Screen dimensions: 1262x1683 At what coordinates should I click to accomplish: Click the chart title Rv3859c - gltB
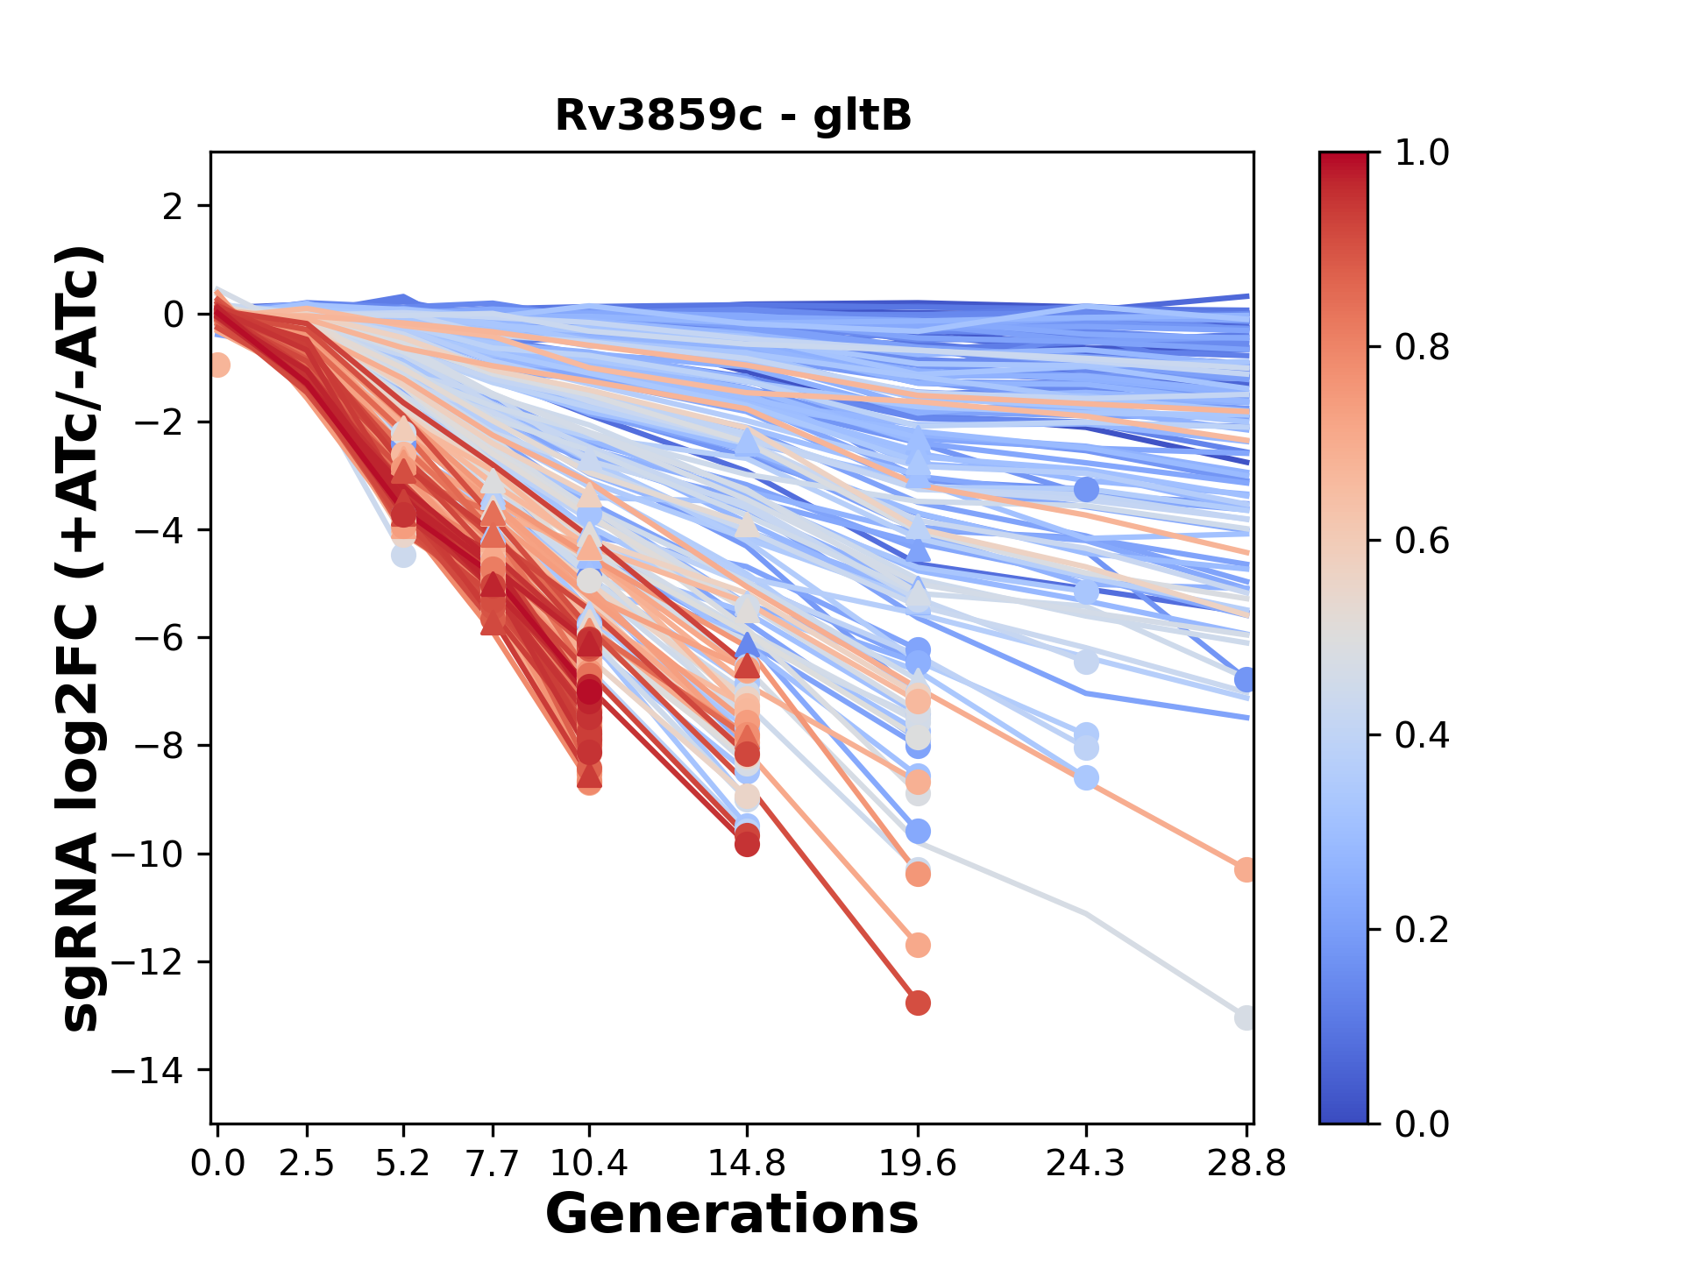[x=733, y=116]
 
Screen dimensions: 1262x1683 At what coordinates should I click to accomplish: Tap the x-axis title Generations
[x=732, y=1215]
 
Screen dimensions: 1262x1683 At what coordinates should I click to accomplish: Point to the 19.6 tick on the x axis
[x=918, y=1164]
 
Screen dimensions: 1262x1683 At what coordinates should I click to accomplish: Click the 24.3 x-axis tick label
[x=1086, y=1164]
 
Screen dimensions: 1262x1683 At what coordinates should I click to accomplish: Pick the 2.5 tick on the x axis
[x=307, y=1164]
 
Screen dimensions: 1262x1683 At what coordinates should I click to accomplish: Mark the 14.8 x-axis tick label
[x=747, y=1164]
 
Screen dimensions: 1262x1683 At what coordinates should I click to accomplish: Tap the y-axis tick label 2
[x=174, y=206]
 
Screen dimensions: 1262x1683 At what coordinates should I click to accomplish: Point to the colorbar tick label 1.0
[x=1422, y=153]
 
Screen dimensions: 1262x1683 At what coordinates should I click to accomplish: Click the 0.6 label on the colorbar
[x=1422, y=541]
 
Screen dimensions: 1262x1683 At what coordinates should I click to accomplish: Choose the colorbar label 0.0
[x=1422, y=1124]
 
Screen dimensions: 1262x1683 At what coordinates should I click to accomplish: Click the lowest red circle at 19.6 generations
[x=918, y=1003]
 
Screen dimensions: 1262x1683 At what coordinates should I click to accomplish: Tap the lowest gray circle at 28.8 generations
[x=1246, y=1017]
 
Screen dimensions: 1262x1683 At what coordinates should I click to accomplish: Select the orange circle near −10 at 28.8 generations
[x=1246, y=869]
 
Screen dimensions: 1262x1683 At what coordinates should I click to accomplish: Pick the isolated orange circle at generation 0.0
[x=218, y=365]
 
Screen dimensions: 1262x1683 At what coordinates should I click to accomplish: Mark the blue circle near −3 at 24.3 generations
[x=1086, y=489]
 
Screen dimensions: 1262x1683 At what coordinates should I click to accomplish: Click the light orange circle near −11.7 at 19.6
[x=918, y=945]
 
